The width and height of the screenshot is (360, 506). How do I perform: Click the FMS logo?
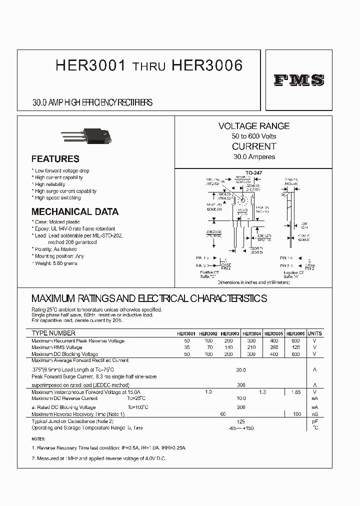tap(299, 80)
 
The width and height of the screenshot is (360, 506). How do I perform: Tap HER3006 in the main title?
tap(207, 66)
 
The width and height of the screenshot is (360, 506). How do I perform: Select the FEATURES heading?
tap(55, 159)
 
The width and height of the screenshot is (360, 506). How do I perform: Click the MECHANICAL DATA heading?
tap(75, 211)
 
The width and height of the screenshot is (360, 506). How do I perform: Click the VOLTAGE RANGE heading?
tap(254, 126)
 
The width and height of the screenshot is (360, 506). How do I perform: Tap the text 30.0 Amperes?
tap(254, 156)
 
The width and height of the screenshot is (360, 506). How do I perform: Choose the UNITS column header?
tap(315, 333)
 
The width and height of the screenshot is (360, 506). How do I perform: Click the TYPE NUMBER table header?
tap(53, 333)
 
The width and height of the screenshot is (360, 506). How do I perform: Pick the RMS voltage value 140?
tap(228, 347)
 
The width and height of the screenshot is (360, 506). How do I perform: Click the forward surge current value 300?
tap(241, 385)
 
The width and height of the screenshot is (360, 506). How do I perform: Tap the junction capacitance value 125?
tap(241, 422)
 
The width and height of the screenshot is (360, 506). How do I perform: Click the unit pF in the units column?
tap(315, 422)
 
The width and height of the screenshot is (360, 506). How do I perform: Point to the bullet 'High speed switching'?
tap(57, 198)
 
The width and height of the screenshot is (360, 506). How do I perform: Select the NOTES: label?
tap(38, 439)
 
